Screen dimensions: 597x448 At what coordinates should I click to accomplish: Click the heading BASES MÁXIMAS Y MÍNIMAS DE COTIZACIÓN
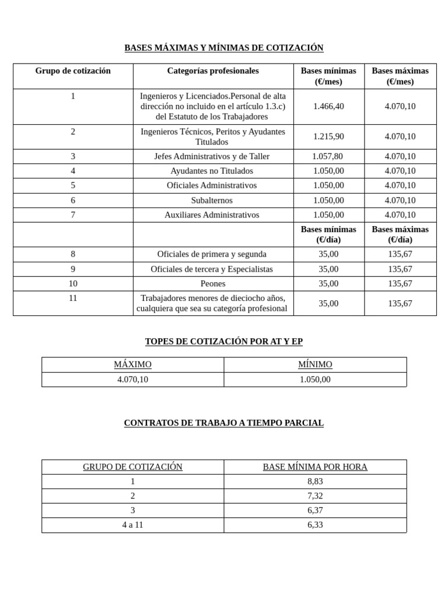point(223,48)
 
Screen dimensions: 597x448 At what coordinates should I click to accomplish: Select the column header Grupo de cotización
point(73,71)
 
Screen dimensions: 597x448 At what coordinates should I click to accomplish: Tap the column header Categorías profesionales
point(213,71)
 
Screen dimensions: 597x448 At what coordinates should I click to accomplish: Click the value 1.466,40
point(328,106)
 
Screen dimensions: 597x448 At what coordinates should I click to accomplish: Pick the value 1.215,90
point(328,136)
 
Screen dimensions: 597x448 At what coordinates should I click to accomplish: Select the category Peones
point(212,283)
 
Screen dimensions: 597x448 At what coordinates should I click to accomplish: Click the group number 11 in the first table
point(73,298)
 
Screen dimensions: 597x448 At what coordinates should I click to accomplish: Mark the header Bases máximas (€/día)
point(400,234)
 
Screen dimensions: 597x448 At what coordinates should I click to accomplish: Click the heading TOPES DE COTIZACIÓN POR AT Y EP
point(223,342)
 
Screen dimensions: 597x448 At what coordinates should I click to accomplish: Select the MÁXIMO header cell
point(132,364)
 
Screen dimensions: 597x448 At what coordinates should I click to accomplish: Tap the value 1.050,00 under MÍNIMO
point(315,379)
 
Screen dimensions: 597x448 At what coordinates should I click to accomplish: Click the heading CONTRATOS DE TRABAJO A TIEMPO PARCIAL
point(223,423)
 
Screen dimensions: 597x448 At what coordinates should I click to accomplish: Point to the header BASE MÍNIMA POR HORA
point(315,467)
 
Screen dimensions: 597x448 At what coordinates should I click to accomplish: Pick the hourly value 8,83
point(315,482)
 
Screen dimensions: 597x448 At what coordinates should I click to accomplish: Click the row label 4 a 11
point(132,525)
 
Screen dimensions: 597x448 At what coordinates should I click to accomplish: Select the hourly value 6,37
point(315,510)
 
